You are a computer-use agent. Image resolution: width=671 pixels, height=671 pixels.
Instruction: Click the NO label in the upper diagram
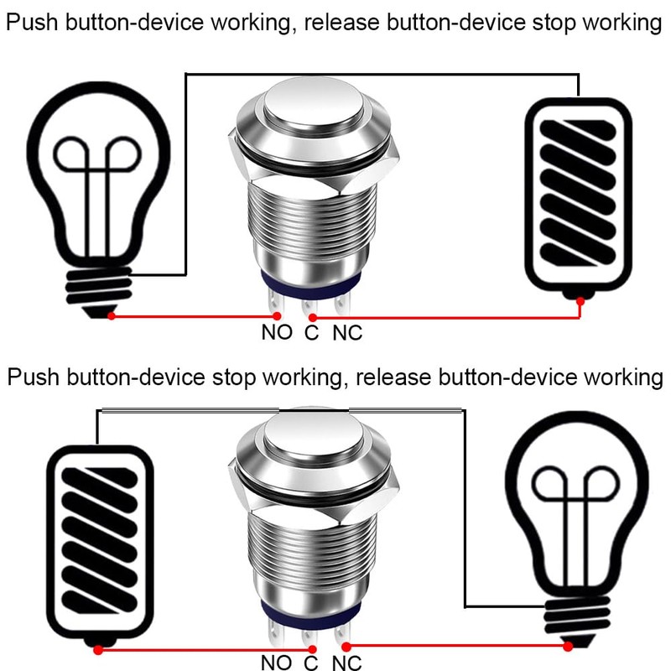[277, 332]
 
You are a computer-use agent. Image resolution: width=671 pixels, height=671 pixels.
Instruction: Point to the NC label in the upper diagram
[347, 333]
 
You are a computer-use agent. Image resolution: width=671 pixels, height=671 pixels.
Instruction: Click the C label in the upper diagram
[311, 333]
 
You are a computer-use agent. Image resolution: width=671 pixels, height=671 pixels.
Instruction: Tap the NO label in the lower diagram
[277, 662]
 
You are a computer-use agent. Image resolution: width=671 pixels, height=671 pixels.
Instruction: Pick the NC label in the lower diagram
[347, 663]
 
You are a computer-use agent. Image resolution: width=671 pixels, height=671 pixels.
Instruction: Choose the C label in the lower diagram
[311, 663]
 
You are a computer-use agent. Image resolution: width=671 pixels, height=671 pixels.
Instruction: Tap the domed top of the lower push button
[310, 436]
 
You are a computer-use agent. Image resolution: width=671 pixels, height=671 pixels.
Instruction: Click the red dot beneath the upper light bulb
[112, 316]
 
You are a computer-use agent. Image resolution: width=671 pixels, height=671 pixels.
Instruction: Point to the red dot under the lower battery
[98, 649]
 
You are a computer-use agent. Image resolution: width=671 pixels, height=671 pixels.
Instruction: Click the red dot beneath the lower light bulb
[569, 645]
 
